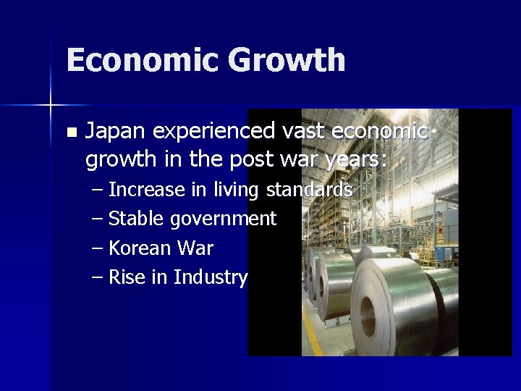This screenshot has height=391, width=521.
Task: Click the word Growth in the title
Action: point(286,60)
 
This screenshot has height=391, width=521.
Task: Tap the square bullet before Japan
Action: point(70,133)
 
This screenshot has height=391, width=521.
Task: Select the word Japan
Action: point(117,132)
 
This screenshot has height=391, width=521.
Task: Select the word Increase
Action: point(146,190)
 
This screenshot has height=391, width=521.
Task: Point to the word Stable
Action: point(135,219)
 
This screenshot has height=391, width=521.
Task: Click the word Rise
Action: point(127,277)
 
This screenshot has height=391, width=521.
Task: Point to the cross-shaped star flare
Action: point(51,106)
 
